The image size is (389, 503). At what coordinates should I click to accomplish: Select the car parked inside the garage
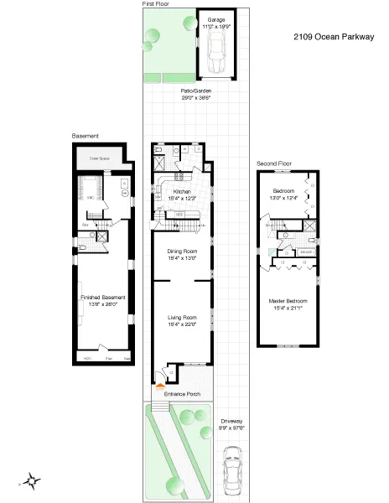[216, 53]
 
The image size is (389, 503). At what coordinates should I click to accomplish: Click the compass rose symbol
[30, 481]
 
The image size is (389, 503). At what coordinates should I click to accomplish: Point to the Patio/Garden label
[195, 91]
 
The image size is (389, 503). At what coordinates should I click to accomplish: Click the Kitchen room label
[182, 191]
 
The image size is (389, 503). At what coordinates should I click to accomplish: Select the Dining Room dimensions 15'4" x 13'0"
[182, 257]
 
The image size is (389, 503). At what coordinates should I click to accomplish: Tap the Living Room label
[182, 317]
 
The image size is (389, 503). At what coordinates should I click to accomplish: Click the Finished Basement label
[102, 297]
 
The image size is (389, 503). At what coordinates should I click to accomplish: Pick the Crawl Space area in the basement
[101, 158]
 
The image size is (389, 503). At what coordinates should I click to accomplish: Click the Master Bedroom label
[288, 300]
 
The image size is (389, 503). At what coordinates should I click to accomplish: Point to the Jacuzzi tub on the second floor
[307, 250]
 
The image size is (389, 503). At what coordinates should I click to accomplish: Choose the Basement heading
[86, 136]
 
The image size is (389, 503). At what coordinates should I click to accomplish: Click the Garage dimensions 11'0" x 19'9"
[217, 27]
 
